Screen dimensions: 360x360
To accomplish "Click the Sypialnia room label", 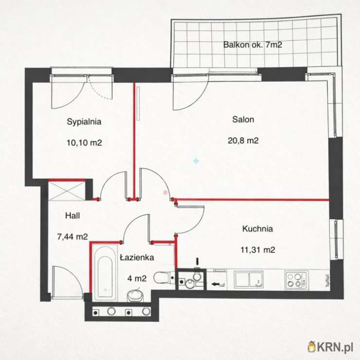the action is pos(84,122).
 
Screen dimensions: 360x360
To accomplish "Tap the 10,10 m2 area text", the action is pos(84,143).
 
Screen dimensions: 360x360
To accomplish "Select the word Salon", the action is pos(243,119).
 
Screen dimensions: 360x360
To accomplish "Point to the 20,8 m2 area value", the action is pos(243,140).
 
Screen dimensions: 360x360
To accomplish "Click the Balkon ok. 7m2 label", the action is pos(252,45).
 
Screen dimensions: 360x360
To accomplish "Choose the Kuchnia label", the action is pos(258,229).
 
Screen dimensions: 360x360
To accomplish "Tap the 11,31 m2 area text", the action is pos(258,250).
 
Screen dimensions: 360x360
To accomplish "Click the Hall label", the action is pos(72,216).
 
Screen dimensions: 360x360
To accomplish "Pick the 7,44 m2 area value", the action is pos(72,236).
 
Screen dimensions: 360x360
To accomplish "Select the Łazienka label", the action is pos(137,257).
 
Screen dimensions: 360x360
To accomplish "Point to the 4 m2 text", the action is pos(137,278).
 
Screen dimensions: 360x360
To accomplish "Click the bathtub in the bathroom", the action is pos(105,273).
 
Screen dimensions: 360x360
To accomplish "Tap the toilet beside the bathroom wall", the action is pos(162,278).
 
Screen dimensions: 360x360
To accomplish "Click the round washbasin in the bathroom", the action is pos(135,296).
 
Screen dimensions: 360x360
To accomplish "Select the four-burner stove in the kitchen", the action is pos(296,280).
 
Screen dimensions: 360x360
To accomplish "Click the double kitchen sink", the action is pos(249,279).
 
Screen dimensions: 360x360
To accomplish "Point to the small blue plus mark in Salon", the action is pos(196,161).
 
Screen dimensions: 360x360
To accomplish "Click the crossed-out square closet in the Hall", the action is pos(67,191).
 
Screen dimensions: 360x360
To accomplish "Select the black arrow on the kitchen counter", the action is pos(215,284).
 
